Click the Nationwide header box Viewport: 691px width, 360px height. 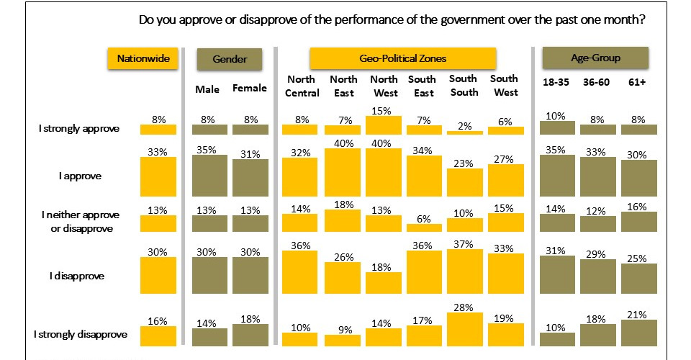143,59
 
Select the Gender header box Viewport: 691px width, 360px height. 230,59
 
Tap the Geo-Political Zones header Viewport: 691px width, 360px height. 402,58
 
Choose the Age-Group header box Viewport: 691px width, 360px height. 595,58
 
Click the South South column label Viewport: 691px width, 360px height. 463,86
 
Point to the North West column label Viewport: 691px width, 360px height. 383,86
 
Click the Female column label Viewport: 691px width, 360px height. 249,89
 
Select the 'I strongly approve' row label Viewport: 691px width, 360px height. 79,129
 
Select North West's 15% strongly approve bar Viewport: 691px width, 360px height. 383,125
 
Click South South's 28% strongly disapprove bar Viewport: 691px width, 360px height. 464,330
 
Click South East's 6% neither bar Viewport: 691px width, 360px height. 424,228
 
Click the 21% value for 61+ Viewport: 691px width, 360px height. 638,314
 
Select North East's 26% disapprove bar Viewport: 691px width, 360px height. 343,279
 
